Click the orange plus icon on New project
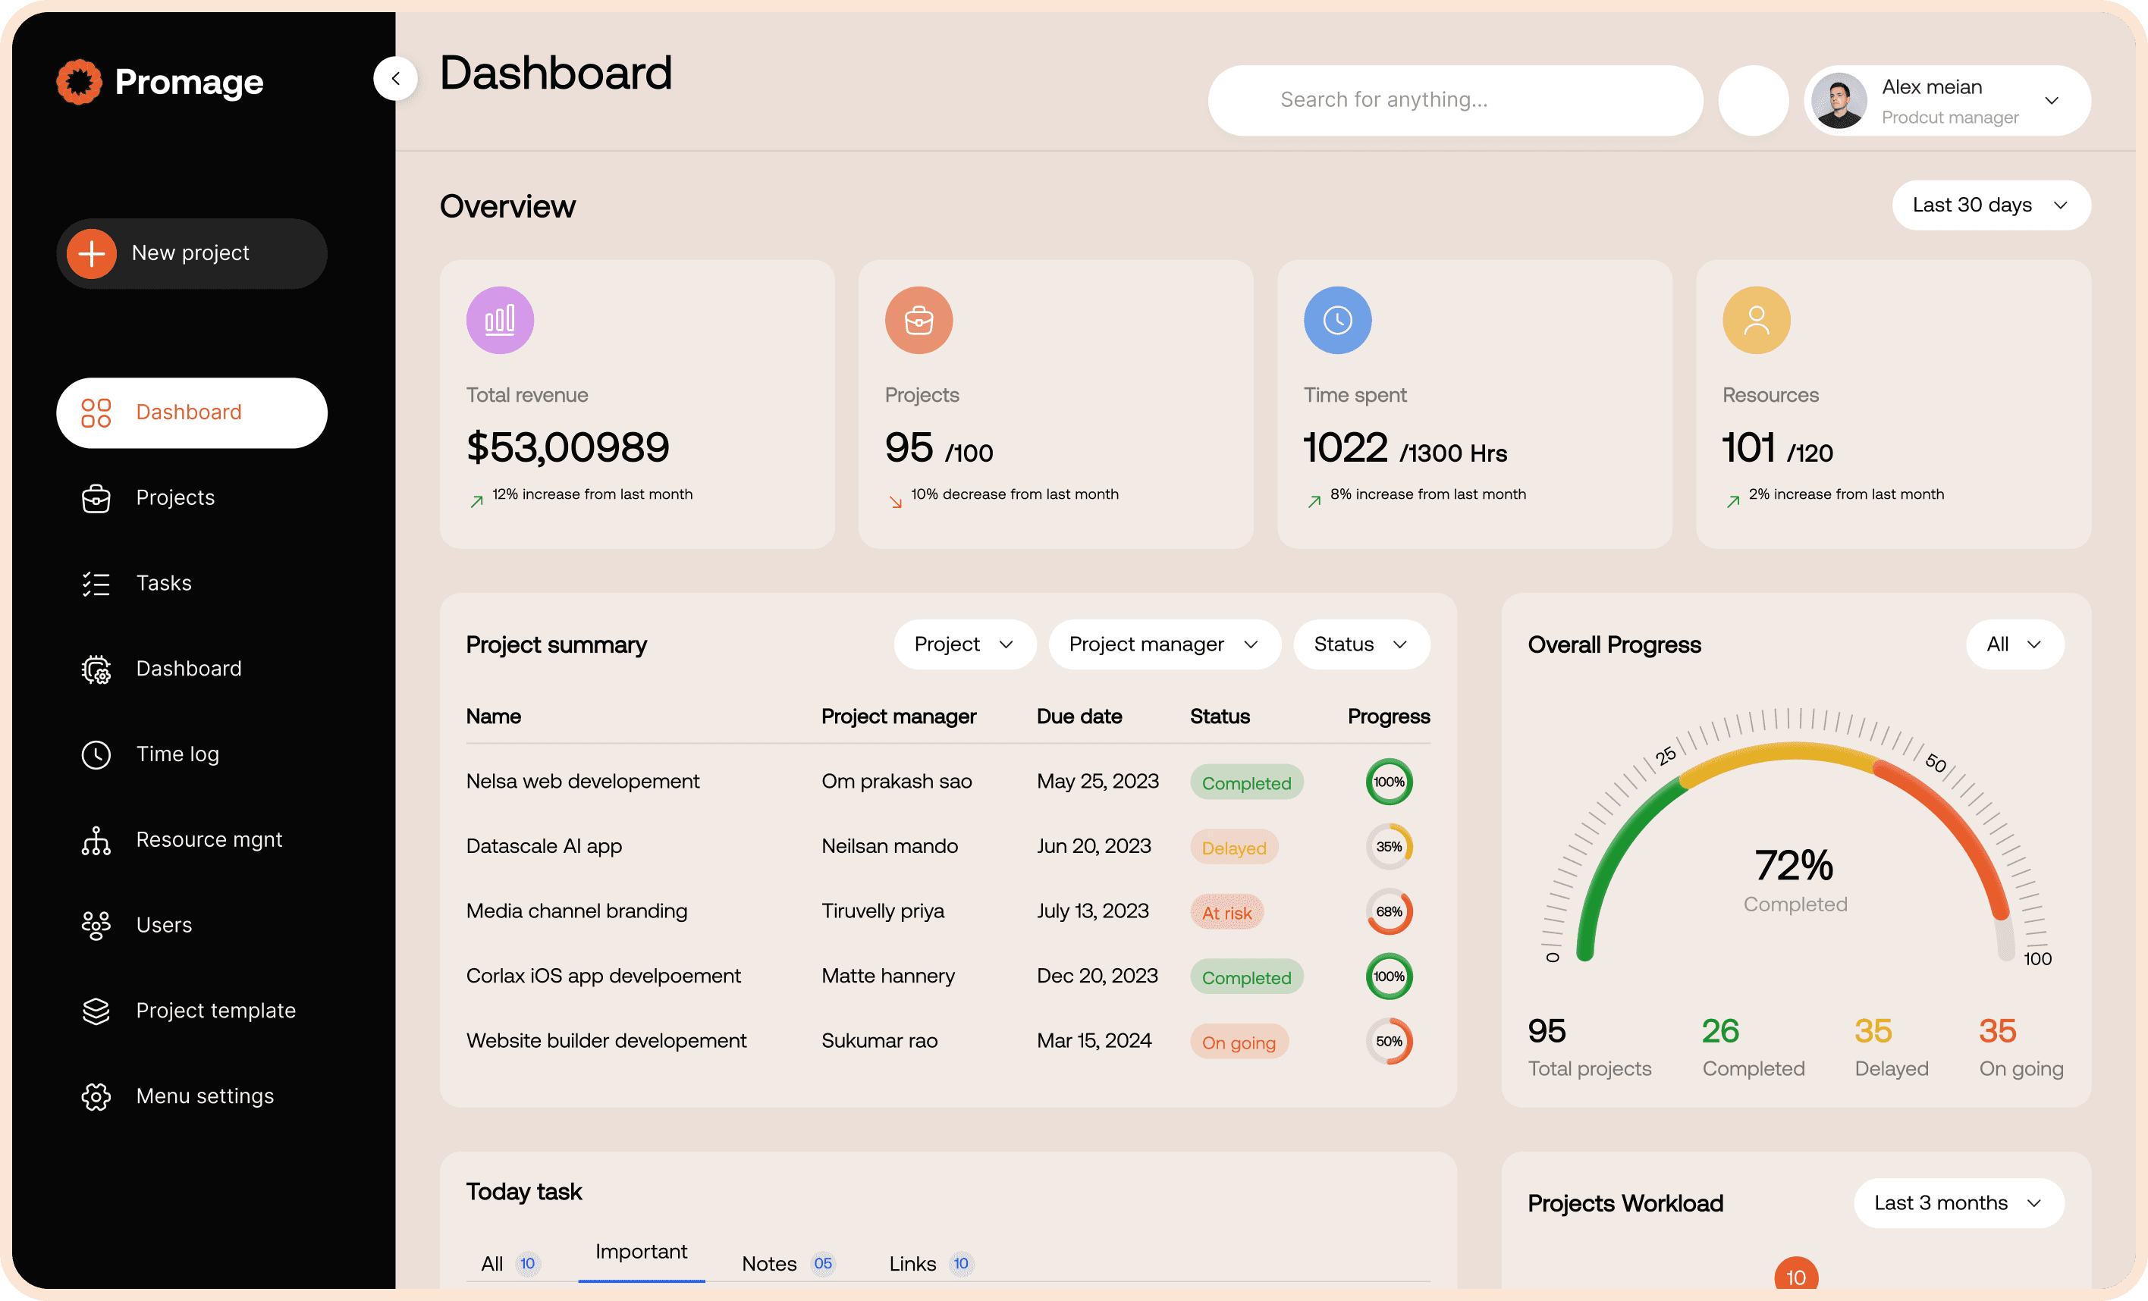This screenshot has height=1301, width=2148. point(92,253)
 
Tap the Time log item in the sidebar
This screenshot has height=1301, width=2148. point(176,754)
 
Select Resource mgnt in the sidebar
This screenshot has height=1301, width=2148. point(208,839)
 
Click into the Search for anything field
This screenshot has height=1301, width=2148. point(1454,100)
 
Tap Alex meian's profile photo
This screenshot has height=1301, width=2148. point(1839,101)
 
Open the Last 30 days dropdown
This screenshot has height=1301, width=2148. point(1990,205)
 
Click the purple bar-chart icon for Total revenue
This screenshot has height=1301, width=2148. point(500,320)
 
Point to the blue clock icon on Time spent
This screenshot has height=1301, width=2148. point(1336,320)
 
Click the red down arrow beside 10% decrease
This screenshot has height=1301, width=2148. point(895,502)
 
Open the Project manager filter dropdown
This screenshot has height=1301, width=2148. point(1163,645)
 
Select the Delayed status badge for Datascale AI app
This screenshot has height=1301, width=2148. point(1233,847)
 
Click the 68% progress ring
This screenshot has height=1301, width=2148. point(1388,911)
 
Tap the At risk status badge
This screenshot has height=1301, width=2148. point(1226,912)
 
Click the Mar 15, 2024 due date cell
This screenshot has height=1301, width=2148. point(1093,1040)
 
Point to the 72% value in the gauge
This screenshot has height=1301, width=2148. point(1793,865)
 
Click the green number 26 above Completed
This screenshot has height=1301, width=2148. point(1720,1031)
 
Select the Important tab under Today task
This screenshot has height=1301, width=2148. point(641,1252)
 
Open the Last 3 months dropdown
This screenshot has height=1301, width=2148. point(1958,1202)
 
